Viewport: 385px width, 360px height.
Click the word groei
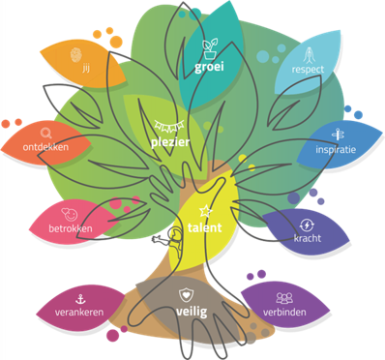click(x=209, y=67)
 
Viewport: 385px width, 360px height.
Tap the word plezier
click(x=170, y=142)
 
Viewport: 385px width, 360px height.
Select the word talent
click(x=204, y=227)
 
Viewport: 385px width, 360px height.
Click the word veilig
click(x=192, y=312)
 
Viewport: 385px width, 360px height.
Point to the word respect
click(x=308, y=70)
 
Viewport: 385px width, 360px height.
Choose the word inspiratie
click(x=336, y=150)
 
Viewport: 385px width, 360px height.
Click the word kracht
click(x=308, y=238)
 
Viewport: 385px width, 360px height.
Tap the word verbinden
click(x=284, y=312)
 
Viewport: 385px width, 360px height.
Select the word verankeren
click(x=79, y=313)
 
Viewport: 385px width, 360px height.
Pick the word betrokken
click(x=71, y=228)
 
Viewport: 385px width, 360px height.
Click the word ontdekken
click(x=45, y=147)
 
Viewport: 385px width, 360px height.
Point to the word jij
click(x=86, y=69)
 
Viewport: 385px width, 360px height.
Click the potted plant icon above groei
click(x=209, y=48)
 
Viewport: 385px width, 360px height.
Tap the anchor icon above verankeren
click(x=80, y=299)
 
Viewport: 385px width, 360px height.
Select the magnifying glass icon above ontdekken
click(x=46, y=134)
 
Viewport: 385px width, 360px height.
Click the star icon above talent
click(x=205, y=211)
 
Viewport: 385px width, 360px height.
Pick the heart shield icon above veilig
click(x=187, y=295)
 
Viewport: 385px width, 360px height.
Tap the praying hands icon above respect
click(x=309, y=55)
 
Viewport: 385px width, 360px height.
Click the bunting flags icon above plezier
click(x=169, y=126)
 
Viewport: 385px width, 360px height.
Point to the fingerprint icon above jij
click(x=76, y=55)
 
